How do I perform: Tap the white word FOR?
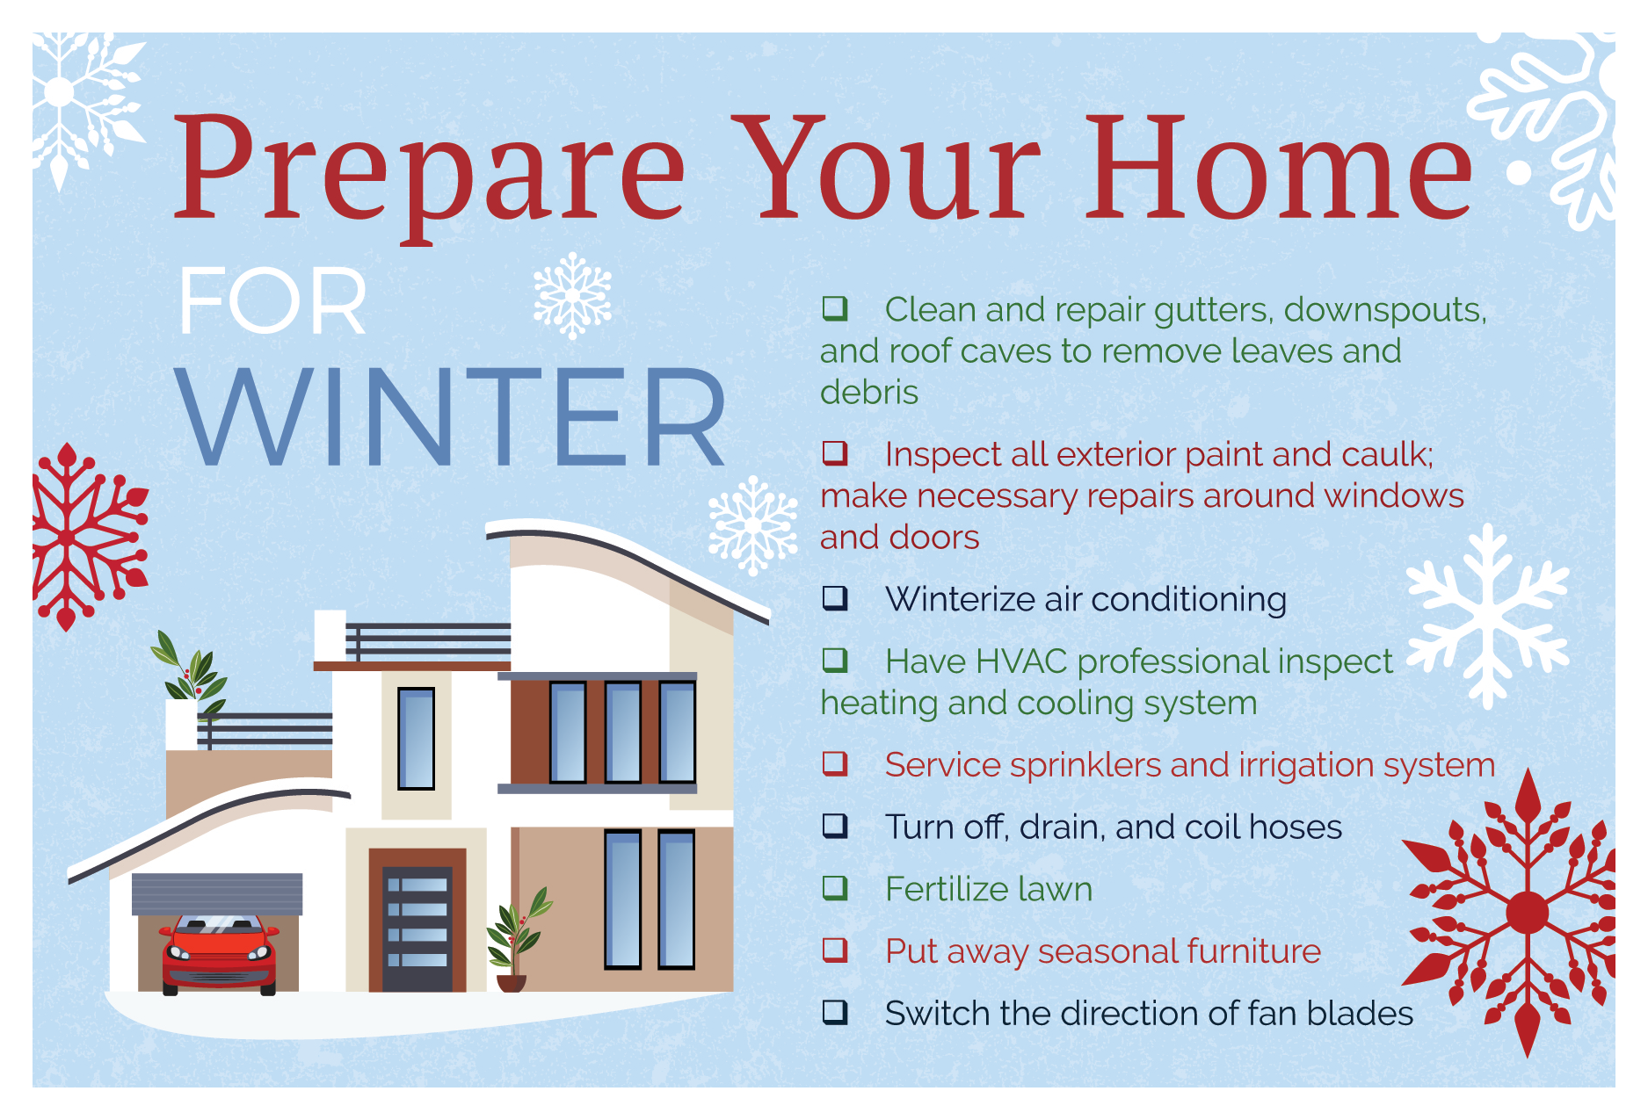pyautogui.click(x=272, y=301)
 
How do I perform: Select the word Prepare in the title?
pyautogui.click(x=428, y=176)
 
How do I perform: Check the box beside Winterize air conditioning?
pyautogui.click(x=835, y=598)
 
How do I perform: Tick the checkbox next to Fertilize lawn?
pyautogui.click(x=835, y=888)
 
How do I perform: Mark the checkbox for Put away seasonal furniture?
pyautogui.click(x=835, y=950)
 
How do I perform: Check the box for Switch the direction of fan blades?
pyautogui.click(x=835, y=1013)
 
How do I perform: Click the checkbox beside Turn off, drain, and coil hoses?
pyautogui.click(x=835, y=826)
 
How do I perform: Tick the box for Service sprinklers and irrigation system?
pyautogui.click(x=835, y=763)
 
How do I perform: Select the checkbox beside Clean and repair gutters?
pyautogui.click(x=835, y=308)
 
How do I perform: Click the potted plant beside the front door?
pyautogui.click(x=518, y=940)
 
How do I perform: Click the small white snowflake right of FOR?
pyautogui.click(x=572, y=296)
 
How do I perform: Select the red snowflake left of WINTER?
pyautogui.click(x=88, y=537)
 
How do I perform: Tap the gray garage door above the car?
pyautogui.click(x=217, y=894)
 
